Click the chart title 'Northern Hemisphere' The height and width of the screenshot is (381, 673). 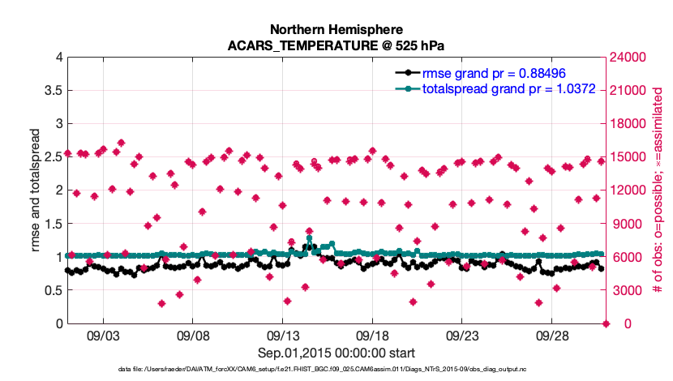coord(336,28)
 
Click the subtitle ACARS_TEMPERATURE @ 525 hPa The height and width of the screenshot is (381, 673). coord(336,45)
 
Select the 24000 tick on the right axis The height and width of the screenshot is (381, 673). coord(629,57)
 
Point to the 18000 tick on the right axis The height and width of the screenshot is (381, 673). coord(629,123)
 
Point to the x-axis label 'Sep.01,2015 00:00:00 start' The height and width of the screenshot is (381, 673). coord(336,353)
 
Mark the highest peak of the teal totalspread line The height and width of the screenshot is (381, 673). coord(309,238)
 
